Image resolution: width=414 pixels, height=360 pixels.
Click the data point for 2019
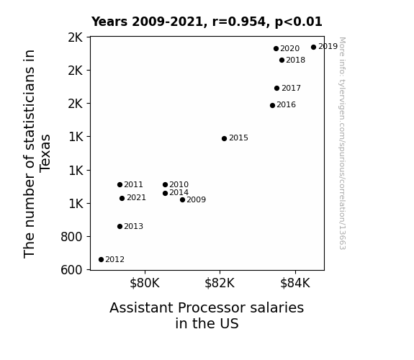[313, 48]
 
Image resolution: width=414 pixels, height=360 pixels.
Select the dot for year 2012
[101, 260]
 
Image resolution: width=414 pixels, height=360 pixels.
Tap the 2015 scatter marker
[224, 139]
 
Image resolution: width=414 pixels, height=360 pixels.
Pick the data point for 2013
[120, 226]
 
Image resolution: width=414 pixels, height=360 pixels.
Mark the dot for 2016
[272, 105]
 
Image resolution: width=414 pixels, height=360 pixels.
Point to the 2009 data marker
[182, 200]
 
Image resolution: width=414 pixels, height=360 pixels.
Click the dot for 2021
[122, 198]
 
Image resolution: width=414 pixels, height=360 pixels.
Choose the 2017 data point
[276, 89]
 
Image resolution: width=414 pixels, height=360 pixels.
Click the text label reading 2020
[290, 48]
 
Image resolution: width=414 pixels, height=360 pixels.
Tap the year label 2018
[296, 60]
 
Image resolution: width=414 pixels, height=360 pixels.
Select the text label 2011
[134, 184]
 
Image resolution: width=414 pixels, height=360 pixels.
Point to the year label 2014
[179, 193]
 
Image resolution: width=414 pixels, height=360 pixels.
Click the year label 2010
[179, 184]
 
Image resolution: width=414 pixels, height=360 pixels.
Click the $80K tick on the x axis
[145, 283]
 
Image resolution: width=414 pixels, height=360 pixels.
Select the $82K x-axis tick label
[220, 283]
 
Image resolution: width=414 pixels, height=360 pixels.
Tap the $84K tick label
[295, 283]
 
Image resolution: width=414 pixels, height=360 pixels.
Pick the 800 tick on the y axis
[71, 237]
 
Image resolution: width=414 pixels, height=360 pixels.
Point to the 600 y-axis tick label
[71, 270]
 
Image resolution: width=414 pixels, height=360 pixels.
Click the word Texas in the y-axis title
[45, 153]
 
